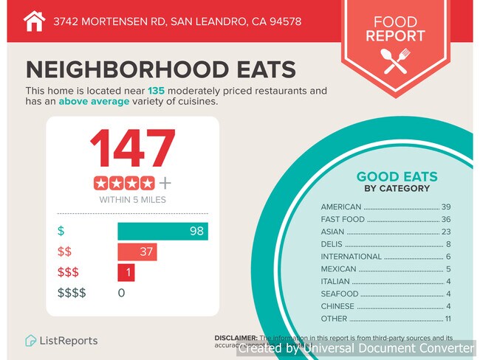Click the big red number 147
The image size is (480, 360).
(133, 150)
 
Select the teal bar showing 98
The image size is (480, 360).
(162, 231)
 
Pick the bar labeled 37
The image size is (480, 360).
(137, 252)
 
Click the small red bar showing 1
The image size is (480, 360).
(126, 273)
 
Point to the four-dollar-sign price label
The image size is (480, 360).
(72, 293)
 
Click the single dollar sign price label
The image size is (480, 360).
(61, 231)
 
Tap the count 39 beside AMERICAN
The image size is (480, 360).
(445, 207)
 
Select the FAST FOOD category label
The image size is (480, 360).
(343, 220)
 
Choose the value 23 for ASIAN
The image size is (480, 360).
(445, 232)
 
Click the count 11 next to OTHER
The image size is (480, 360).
(446, 319)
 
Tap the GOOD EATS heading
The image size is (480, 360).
(397, 177)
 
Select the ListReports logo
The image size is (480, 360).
(61, 341)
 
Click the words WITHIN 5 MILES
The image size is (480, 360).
(133, 199)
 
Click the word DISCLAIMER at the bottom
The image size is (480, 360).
(236, 337)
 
